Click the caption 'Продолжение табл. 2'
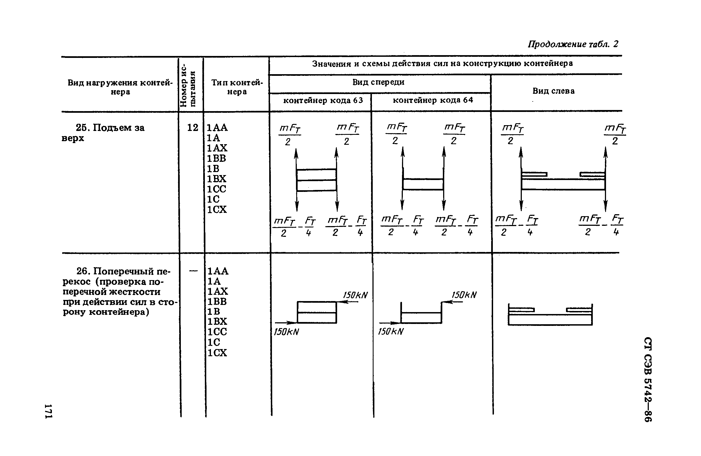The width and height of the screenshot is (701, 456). coord(573,44)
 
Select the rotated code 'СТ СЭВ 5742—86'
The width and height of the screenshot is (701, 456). coord(648,380)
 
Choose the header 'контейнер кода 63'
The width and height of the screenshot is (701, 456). coord(323,101)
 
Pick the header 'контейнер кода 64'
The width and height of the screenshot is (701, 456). coord(433,100)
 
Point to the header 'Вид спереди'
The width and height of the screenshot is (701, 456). coord(378,82)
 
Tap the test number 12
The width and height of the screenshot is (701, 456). coord(193,128)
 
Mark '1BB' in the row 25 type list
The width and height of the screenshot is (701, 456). coord(216,158)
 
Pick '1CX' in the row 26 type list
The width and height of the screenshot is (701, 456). coord(217,352)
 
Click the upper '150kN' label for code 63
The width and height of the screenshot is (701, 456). coord(356,295)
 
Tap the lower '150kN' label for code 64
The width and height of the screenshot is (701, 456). coord(391,332)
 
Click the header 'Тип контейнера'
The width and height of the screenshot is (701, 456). coord(237,87)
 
